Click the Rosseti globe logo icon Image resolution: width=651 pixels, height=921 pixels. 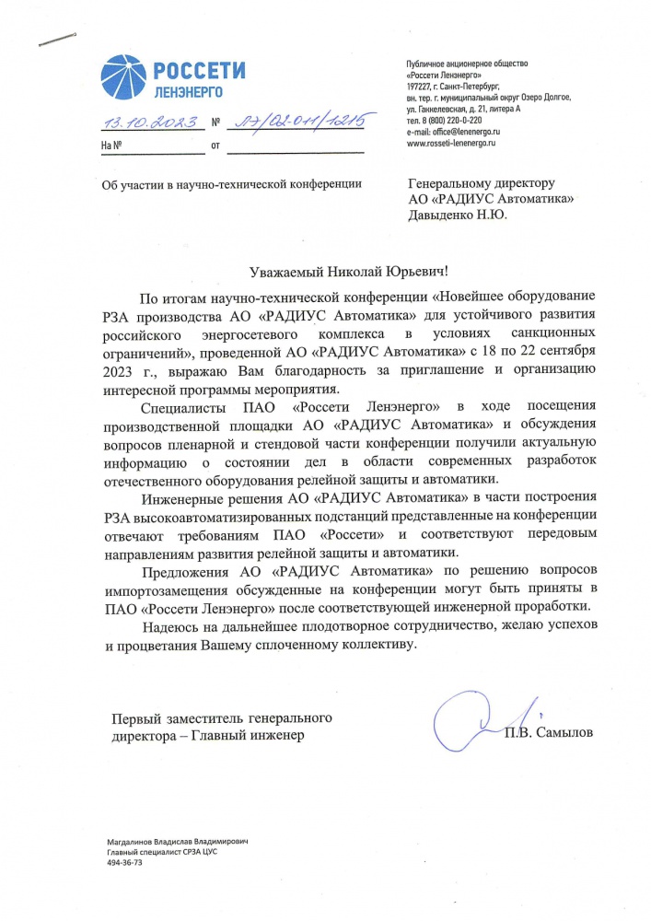click(122, 76)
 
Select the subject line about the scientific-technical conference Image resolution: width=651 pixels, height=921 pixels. click(230, 185)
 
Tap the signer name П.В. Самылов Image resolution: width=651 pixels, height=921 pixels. click(549, 733)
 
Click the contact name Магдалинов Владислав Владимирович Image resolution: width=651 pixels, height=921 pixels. click(178, 843)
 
